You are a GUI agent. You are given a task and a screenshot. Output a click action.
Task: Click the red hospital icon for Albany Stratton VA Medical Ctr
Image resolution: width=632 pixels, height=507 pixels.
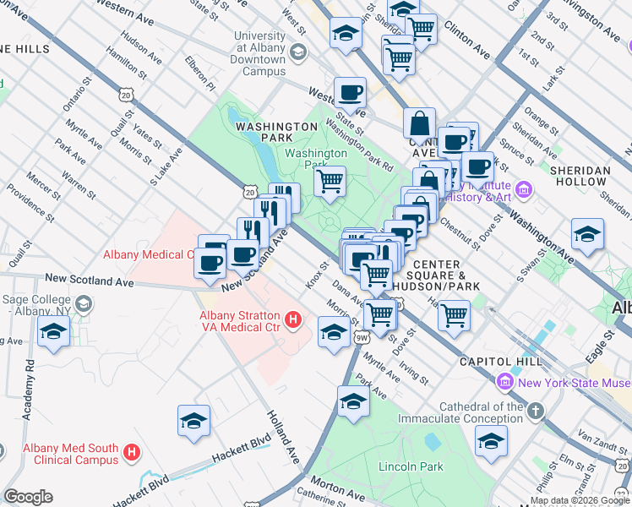tap(292, 320)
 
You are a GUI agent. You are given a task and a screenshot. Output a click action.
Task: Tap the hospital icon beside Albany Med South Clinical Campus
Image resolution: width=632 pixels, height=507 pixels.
tap(131, 453)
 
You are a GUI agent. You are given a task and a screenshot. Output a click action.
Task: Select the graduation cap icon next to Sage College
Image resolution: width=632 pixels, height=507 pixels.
tap(83, 303)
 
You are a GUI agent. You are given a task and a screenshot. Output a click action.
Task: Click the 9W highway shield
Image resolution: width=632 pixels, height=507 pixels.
tap(362, 338)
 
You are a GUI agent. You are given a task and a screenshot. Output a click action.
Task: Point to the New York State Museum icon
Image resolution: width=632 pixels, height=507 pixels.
tap(505, 382)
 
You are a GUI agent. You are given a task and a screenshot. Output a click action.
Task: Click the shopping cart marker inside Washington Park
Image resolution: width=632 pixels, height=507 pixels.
tap(330, 180)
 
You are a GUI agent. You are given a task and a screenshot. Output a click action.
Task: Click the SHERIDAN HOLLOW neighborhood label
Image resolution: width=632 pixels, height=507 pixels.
tap(580, 176)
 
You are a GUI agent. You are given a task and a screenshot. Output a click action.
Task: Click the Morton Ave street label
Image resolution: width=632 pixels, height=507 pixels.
tap(343, 489)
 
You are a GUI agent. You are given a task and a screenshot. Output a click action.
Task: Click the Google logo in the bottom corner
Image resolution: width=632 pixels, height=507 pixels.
tap(28, 497)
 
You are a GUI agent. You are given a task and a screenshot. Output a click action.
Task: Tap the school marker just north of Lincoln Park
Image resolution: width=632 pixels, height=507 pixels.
tap(353, 402)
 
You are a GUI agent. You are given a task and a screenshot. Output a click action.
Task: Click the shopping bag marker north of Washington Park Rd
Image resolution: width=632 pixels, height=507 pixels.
tap(420, 123)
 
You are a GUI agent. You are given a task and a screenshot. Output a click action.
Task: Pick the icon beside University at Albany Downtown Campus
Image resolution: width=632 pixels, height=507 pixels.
tap(297, 53)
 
